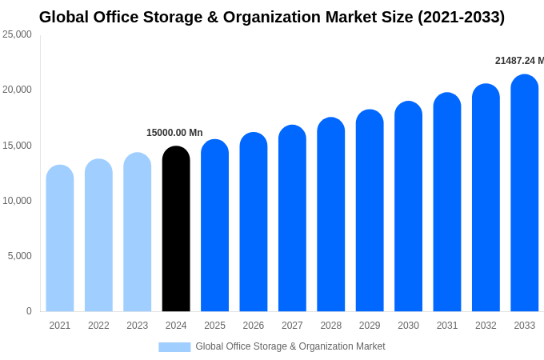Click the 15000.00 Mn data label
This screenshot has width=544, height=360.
point(174,133)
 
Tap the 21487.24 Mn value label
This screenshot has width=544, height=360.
point(519,61)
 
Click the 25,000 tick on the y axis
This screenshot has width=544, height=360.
point(18,34)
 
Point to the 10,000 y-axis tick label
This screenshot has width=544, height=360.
point(18,201)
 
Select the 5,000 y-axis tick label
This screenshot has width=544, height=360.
point(20,256)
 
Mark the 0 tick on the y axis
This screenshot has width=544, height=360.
point(29,311)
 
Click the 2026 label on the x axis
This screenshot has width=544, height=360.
point(254,326)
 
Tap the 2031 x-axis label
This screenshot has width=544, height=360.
point(447,326)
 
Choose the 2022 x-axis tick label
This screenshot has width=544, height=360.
point(98,326)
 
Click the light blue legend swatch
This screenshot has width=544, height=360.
point(174,347)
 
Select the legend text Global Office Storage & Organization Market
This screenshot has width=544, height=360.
point(290,346)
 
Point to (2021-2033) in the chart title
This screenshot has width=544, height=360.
point(461,17)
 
